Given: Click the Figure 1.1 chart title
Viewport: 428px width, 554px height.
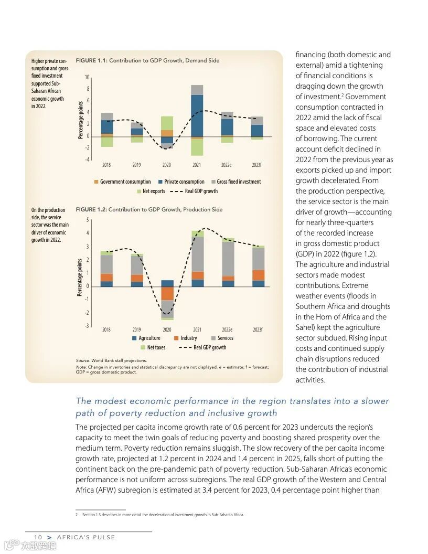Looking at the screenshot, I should pos(147,61).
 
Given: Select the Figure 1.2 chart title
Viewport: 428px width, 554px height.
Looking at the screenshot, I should pos(149,210).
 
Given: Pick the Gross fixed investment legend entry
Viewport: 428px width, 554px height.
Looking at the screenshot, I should pos(236,182).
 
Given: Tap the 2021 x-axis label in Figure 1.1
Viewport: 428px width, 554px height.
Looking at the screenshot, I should pos(197,165).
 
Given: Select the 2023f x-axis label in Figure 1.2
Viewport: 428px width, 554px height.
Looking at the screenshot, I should pos(257,330).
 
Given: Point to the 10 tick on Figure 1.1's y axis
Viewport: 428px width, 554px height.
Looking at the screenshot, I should pos(87,78).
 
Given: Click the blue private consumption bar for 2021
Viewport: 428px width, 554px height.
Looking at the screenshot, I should pos(197,115).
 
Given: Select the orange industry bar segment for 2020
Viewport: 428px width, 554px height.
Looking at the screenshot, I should pos(167,293).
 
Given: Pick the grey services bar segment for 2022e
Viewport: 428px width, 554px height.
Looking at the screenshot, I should pos(227,259).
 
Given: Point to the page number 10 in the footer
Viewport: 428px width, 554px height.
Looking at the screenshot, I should pos(38,537).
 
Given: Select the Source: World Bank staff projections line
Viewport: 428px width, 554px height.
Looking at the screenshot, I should pos(111,360).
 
